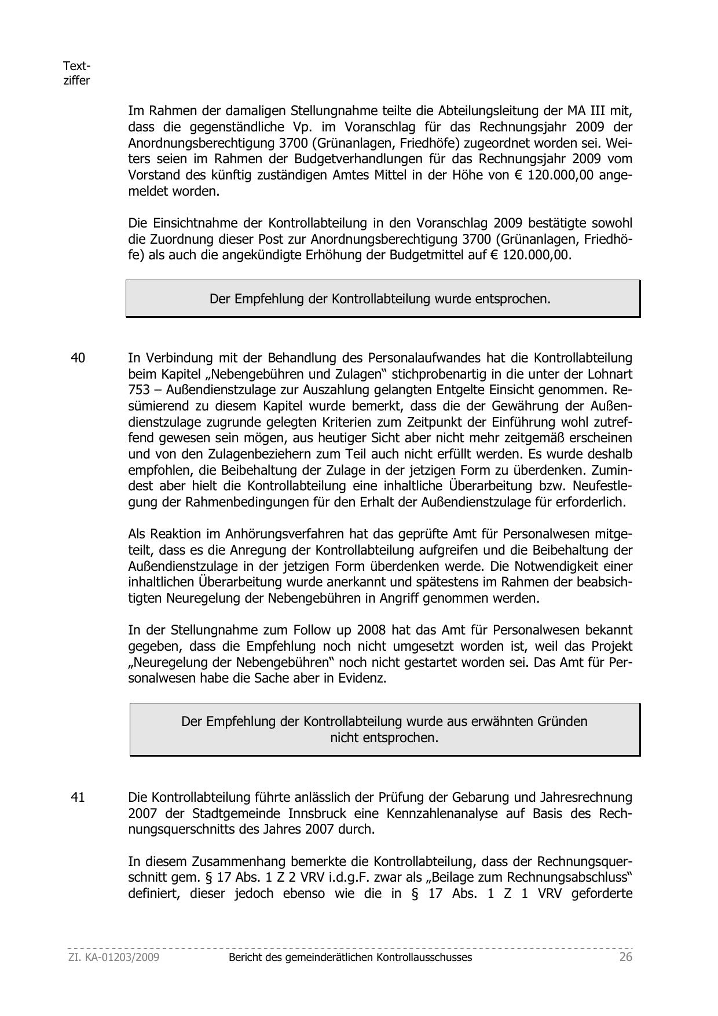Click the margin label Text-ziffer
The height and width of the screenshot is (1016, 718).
pyautogui.click(x=76, y=74)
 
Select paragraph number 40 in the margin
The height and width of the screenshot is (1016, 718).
pyautogui.click(x=78, y=358)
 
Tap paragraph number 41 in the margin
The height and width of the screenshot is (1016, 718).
pyautogui.click(x=78, y=797)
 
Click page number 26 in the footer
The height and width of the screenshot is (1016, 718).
pyautogui.click(x=625, y=957)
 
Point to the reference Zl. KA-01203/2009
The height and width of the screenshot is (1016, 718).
pyautogui.click(x=113, y=958)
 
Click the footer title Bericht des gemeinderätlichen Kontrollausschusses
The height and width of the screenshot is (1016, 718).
pyautogui.click(x=350, y=958)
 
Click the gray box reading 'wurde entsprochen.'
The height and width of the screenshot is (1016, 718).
pyautogui.click(x=383, y=299)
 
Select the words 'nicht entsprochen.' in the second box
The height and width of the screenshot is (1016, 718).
pyautogui.click(x=384, y=738)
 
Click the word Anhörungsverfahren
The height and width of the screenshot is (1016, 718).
pyautogui.click(x=287, y=534)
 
